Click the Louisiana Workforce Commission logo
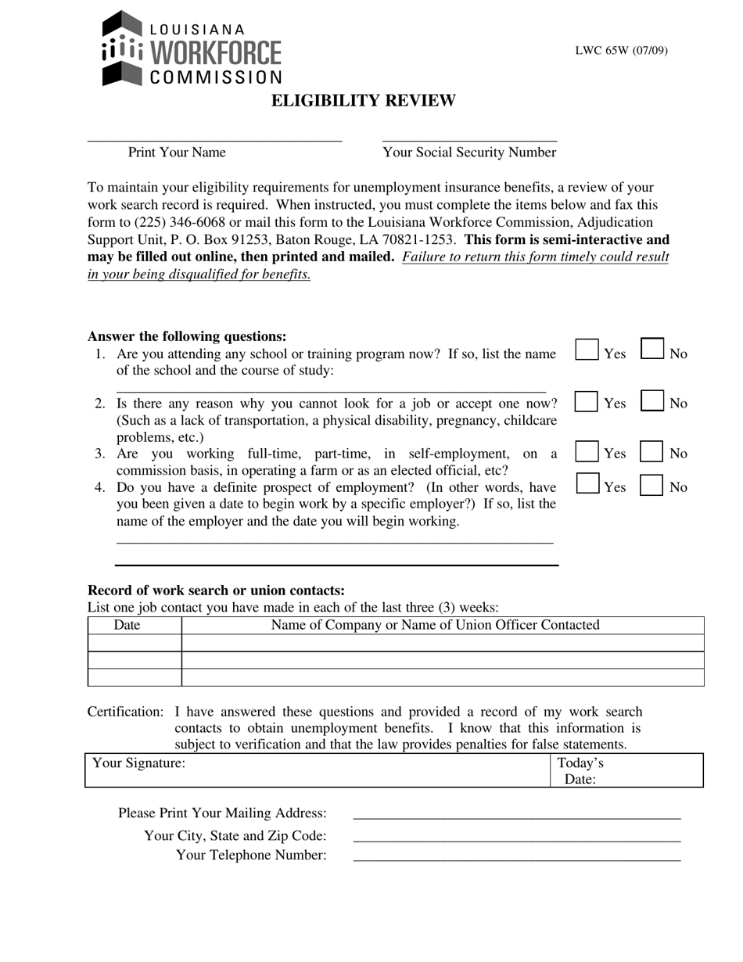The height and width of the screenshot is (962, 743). tap(192, 48)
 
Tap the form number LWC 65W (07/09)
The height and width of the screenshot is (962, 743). tap(621, 51)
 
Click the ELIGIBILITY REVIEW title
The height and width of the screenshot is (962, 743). tap(363, 101)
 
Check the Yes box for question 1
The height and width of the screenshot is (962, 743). tap(587, 350)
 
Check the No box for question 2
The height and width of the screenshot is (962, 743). tap(652, 401)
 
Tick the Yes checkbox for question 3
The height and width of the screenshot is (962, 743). tap(587, 452)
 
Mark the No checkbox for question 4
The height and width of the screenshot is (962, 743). tap(651, 486)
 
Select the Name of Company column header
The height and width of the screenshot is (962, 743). tap(435, 625)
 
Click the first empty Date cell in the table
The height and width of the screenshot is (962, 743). tap(135, 643)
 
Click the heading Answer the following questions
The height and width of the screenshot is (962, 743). tap(187, 336)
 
